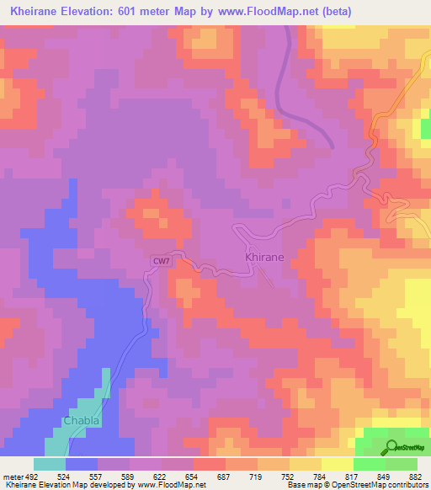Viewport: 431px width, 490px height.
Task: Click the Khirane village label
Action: (264, 255)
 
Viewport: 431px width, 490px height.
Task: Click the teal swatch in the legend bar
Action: (49, 464)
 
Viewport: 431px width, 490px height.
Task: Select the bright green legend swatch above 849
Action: (369, 464)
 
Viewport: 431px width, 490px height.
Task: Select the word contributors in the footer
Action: (407, 486)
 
